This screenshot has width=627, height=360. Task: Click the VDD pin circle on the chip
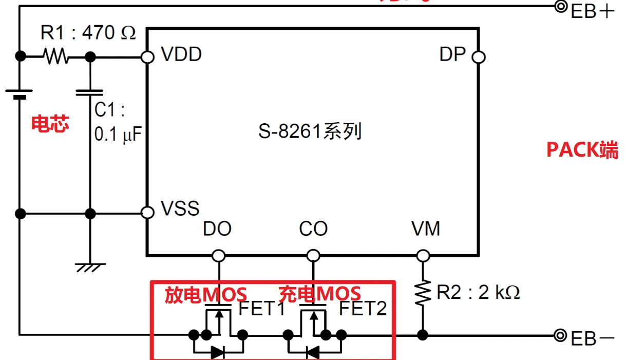click(x=148, y=56)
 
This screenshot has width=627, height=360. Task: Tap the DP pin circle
click(x=479, y=56)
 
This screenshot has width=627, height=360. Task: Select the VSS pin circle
click(x=148, y=212)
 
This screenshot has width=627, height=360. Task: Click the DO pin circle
click(x=219, y=255)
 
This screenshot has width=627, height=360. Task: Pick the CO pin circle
click(x=313, y=255)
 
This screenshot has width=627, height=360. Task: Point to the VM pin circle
click(x=423, y=255)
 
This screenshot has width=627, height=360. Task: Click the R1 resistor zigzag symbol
click(x=55, y=56)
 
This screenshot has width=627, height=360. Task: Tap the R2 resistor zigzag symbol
click(x=423, y=293)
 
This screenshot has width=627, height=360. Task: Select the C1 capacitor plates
click(x=90, y=93)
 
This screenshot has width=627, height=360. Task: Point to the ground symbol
click(x=90, y=267)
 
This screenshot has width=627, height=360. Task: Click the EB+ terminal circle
click(x=561, y=7)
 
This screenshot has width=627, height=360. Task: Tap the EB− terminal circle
click(x=561, y=335)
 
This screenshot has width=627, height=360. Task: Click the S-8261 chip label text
click(x=310, y=132)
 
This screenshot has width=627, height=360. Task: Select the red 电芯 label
click(x=50, y=124)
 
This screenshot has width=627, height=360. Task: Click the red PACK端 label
click(x=582, y=149)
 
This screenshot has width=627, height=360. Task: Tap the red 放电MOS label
click(x=205, y=294)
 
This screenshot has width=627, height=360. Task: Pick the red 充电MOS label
click(x=319, y=294)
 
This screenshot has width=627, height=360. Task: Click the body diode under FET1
click(x=218, y=352)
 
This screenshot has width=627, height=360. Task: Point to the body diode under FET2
click(x=312, y=352)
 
